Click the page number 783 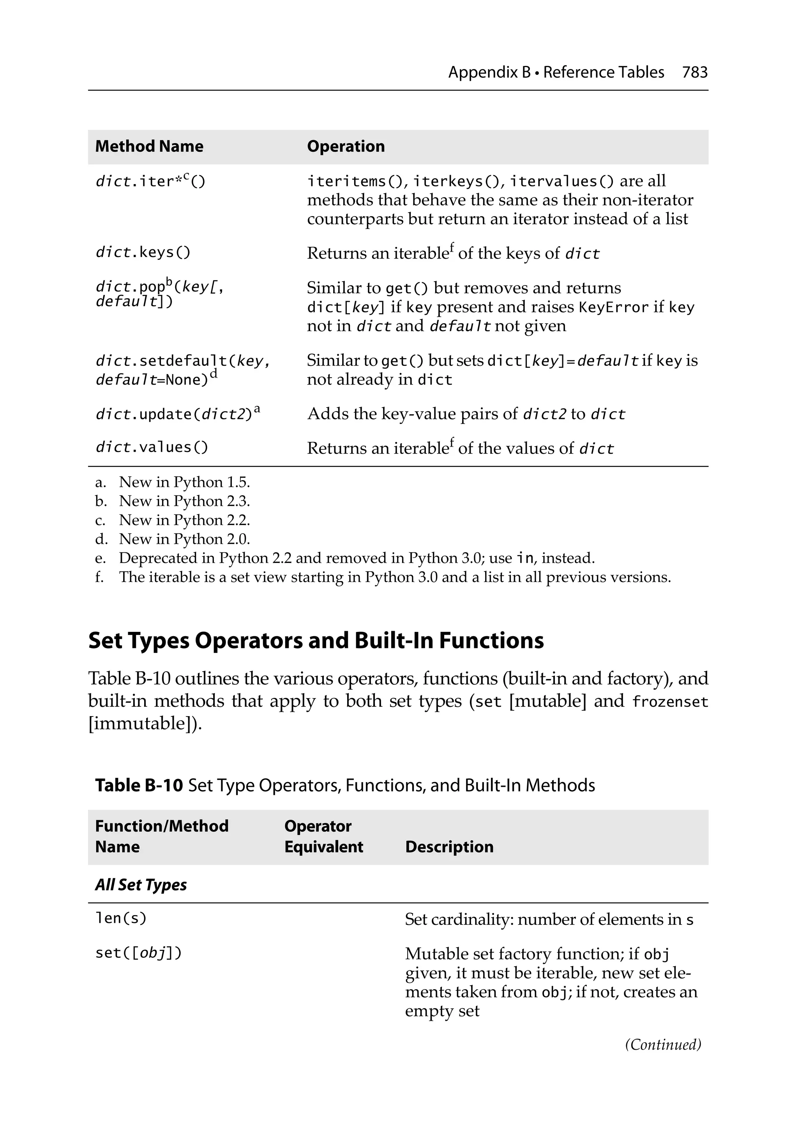click(694, 73)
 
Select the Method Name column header click(149, 146)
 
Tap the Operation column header click(346, 146)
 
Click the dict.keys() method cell click(143, 252)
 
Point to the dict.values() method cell click(152, 447)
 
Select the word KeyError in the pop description click(613, 307)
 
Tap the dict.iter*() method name click(150, 181)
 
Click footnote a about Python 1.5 click(172, 482)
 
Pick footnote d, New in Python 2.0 click(172, 539)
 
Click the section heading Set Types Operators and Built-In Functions click(316, 641)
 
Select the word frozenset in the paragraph click(670, 702)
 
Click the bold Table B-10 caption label click(139, 785)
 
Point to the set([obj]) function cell click(139, 953)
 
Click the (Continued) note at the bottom click(663, 1044)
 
